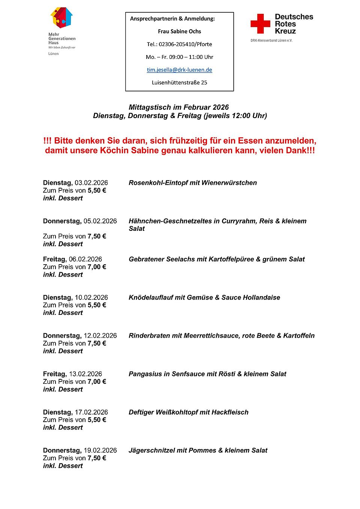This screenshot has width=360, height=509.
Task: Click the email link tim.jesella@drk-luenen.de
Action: [179, 70]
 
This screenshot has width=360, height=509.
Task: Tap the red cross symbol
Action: [260, 24]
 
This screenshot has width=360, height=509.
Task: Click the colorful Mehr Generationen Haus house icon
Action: [61, 18]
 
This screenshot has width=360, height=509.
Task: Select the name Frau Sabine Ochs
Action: [179, 31]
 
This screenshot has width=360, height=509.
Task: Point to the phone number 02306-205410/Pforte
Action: [185, 44]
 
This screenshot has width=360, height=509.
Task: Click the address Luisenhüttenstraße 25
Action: [179, 82]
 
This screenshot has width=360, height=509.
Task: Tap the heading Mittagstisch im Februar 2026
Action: [178, 107]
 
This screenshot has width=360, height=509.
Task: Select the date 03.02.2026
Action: [91, 183]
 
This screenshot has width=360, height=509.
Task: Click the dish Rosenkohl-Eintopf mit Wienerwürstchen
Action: [193, 183]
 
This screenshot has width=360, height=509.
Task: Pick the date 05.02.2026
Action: [100, 221]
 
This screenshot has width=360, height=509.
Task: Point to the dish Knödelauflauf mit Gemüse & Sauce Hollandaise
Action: [204, 298]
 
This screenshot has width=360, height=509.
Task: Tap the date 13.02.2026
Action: [85, 374]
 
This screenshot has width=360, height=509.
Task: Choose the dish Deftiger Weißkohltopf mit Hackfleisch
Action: [189, 412]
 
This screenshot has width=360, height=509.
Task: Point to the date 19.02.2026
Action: [100, 451]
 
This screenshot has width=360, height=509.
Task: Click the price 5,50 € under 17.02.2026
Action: [97, 420]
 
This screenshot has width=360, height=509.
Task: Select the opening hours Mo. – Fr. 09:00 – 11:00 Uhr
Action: [179, 57]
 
